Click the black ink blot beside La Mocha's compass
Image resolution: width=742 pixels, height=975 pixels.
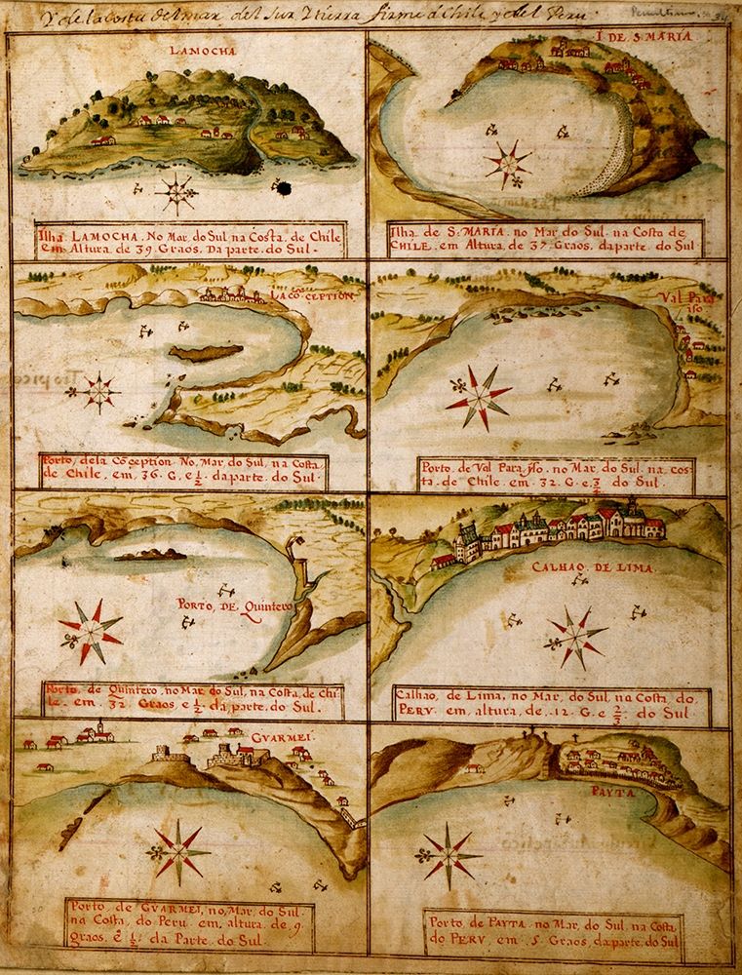tap(285, 187)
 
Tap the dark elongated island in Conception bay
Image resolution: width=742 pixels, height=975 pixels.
tap(204, 351)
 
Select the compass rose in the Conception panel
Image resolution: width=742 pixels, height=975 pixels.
tap(98, 392)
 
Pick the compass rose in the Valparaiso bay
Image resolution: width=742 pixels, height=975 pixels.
tap(480, 398)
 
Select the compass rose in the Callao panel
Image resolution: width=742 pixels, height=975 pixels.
tap(574, 638)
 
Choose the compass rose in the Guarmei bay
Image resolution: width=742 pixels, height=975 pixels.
tap(179, 850)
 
